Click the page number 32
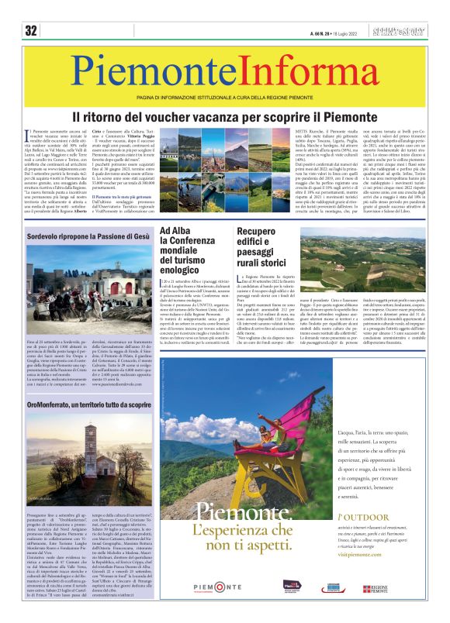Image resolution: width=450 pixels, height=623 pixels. tap(31, 31)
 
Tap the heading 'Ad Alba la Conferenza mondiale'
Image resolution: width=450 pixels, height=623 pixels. tap(190, 252)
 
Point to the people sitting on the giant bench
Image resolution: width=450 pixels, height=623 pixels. tap(268, 435)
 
